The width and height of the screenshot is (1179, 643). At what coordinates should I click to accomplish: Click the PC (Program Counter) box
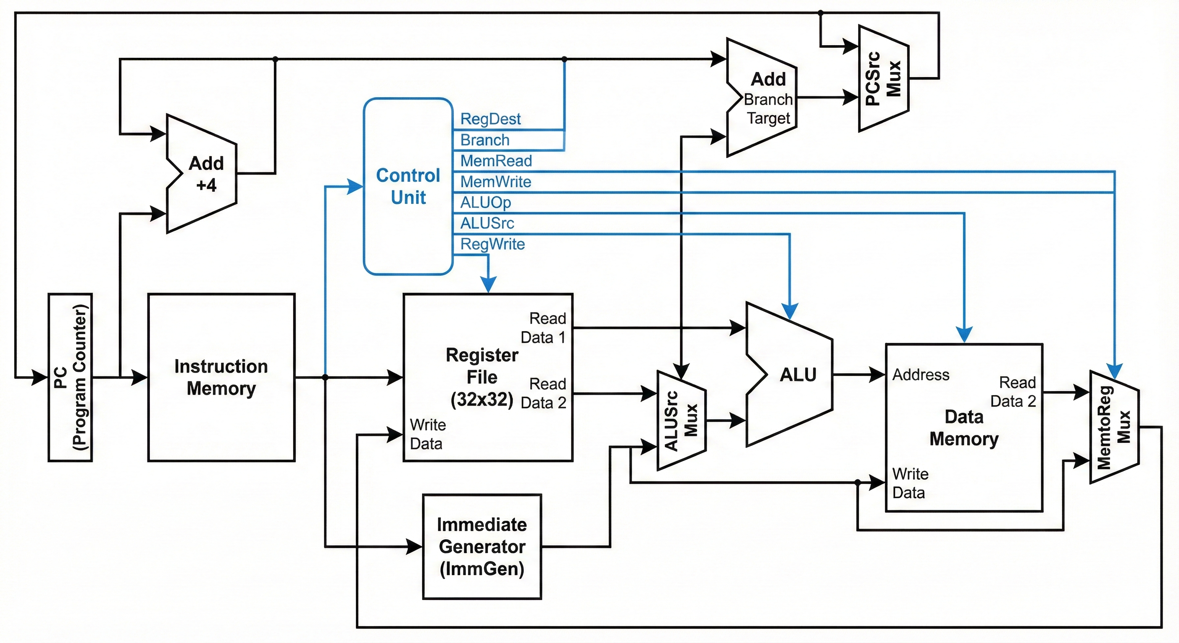[x=70, y=377]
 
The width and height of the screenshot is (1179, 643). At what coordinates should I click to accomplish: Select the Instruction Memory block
[x=221, y=377]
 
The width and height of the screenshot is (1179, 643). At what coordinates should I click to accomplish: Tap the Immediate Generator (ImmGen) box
[x=482, y=546]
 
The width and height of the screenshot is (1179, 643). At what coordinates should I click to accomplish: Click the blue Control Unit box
[x=408, y=186]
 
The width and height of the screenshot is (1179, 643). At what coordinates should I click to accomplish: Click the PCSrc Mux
[x=883, y=78]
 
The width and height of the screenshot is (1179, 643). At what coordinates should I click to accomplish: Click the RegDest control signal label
[x=490, y=119]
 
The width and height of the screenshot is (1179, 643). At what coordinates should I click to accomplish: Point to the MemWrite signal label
[x=496, y=182]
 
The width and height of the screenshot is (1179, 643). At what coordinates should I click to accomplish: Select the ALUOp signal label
[x=485, y=202]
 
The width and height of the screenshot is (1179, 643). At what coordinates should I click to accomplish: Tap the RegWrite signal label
[x=492, y=244]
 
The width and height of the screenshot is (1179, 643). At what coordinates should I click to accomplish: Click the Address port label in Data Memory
[x=920, y=375]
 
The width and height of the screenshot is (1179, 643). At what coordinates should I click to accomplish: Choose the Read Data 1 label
[x=543, y=328]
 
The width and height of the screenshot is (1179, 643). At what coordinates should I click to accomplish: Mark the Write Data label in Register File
[x=427, y=434]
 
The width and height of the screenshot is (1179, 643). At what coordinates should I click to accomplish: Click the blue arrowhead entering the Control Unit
[x=355, y=186]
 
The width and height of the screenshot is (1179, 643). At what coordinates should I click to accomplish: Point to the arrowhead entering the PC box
[x=40, y=377]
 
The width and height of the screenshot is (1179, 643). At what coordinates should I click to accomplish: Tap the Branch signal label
[x=485, y=140]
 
